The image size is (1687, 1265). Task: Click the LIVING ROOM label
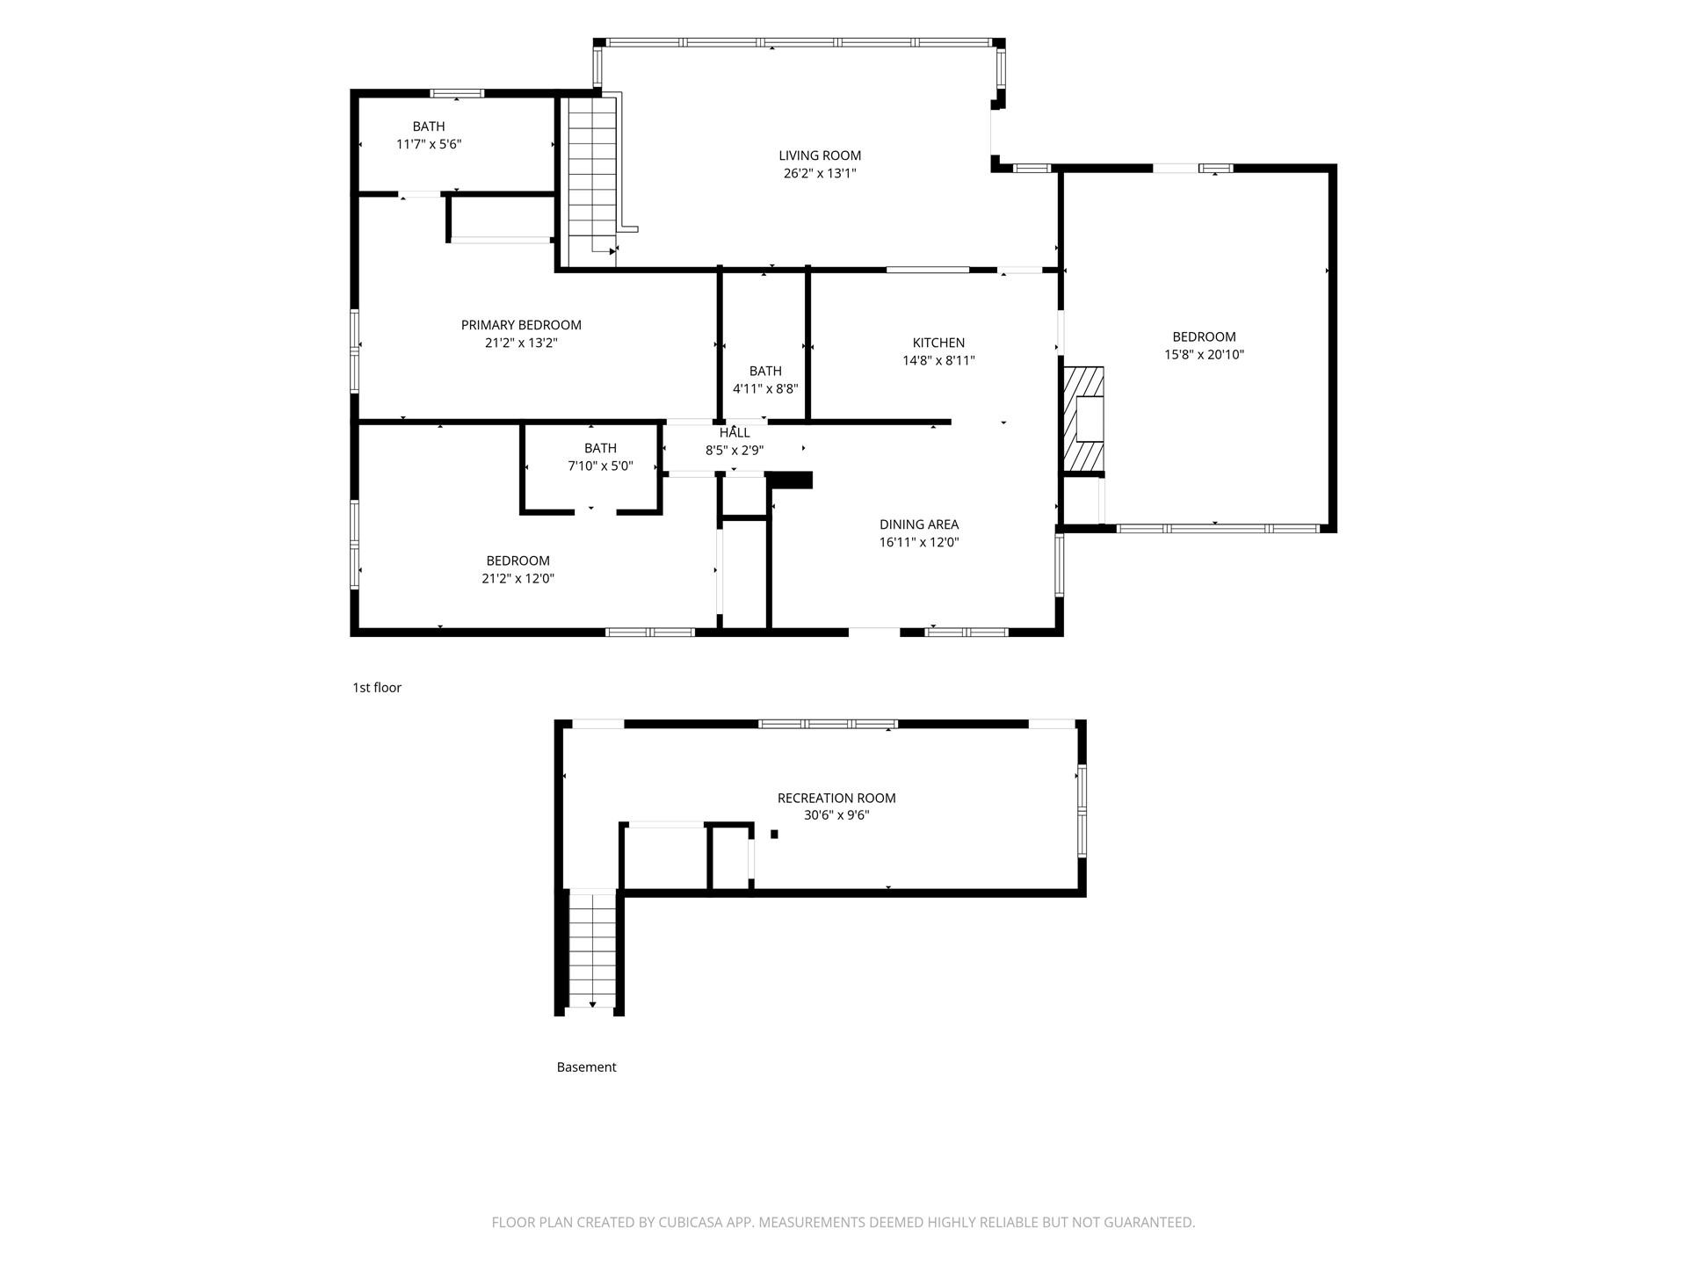tap(820, 155)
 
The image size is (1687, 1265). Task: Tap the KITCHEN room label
tap(938, 343)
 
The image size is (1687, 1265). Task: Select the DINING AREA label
tap(919, 524)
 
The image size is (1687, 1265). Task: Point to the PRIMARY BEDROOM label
tap(521, 325)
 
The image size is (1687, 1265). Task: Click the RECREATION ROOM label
tap(836, 798)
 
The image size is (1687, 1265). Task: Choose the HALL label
tap(735, 432)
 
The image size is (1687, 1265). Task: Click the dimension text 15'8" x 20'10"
tap(1204, 355)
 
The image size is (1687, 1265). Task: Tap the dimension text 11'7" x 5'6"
tap(429, 144)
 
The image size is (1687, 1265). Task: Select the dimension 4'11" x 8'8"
tap(765, 388)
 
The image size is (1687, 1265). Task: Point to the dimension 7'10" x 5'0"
tap(600, 466)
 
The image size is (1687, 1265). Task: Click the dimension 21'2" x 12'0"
tap(518, 578)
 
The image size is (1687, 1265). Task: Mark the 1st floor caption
tap(377, 688)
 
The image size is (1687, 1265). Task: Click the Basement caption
tap(586, 1067)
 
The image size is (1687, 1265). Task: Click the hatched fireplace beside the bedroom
tap(1083, 419)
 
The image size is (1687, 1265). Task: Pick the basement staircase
tap(592, 949)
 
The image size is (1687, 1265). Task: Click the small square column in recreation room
tap(774, 834)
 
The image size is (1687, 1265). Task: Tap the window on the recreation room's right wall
tap(1082, 811)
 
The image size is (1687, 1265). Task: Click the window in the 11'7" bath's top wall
tap(457, 93)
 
